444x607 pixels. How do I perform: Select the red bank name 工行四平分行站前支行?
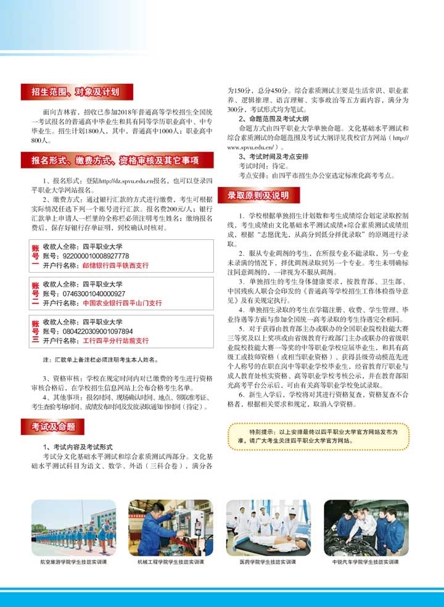(x=115, y=341)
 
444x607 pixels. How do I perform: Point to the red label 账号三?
(x=35, y=331)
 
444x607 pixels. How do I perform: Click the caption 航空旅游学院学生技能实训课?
(x=73, y=563)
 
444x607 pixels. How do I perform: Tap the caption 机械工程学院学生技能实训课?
(x=170, y=563)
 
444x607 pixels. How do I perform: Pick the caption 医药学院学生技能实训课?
(x=268, y=563)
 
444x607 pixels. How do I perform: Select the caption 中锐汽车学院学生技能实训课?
(x=366, y=563)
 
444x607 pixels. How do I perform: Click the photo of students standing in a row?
(x=73, y=527)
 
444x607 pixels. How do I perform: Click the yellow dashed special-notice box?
(x=318, y=437)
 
